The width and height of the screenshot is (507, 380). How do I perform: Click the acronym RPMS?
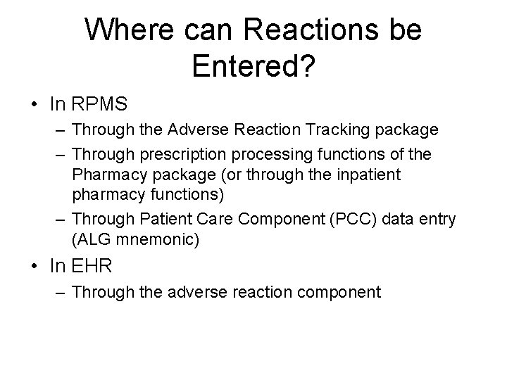point(98,105)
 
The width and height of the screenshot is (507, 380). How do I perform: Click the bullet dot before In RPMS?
point(34,106)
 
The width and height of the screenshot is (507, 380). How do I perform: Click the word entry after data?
point(437,219)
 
